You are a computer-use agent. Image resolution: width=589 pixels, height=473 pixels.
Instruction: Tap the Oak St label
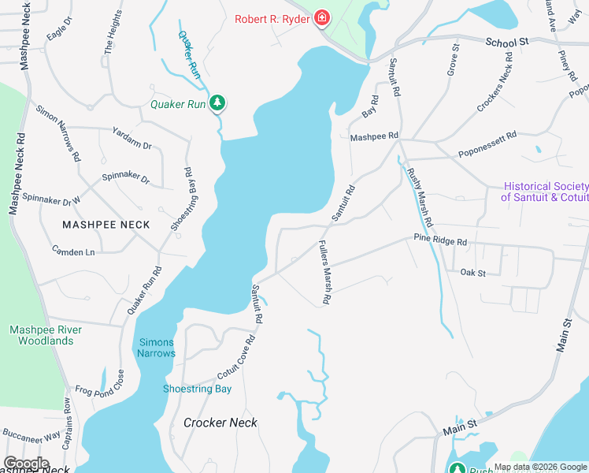pos(473,272)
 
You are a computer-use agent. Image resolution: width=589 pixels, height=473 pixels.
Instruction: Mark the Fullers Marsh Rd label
pos(324,273)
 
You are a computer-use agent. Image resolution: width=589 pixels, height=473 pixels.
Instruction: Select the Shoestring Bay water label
pos(197,389)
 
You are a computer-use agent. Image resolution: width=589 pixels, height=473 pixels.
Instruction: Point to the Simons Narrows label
pos(157,348)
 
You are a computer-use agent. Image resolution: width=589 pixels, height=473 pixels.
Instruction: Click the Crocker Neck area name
pos(220,423)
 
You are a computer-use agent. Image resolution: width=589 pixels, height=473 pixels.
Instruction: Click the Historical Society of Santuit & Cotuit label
pos(544,192)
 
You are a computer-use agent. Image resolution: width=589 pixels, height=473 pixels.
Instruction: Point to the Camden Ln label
pos(73,251)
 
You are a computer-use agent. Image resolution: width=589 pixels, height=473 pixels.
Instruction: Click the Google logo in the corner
pos(27,463)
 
